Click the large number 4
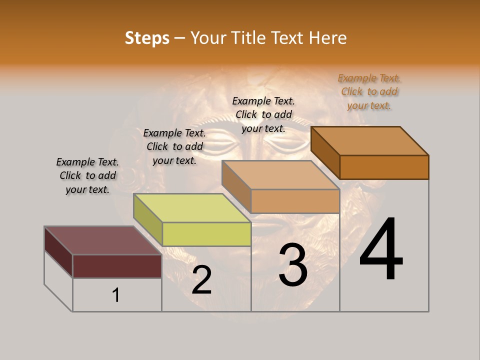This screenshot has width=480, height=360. coord(381,249)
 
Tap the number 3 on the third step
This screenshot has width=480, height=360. coord(292,265)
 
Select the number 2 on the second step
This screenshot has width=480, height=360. coord(201,280)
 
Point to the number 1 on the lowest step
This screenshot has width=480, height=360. coord(115,295)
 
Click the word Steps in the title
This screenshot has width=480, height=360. coord(147,38)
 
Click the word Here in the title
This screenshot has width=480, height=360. coord(328,38)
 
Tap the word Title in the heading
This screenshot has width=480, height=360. coord(250,38)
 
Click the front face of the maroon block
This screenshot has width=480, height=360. coord(117,266)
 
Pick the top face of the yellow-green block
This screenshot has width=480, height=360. coord(192,208)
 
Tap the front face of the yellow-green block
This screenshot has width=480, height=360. coord(206,234)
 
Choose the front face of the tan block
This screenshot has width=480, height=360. coord(295,201)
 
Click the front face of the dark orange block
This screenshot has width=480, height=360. coord(384,167)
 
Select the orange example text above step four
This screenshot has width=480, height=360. coord(369,91)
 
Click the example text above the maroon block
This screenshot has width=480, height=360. coord(87,175)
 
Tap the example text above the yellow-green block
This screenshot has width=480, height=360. coord(174,146)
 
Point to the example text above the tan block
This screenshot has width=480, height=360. coord(263,114)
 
